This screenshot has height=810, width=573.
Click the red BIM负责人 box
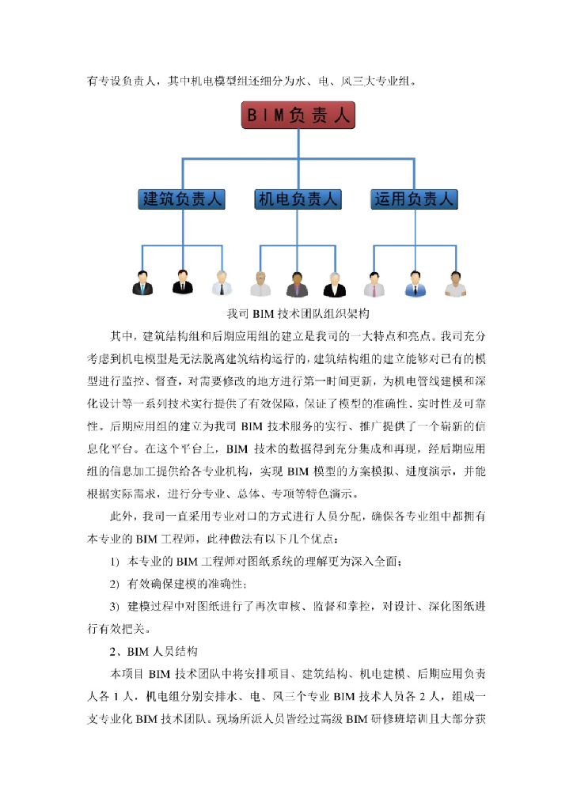pos(298,115)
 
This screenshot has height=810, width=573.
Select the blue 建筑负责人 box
pos(182,199)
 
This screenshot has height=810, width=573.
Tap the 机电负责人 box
pos(298,199)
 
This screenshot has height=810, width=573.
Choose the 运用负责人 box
pos(414,199)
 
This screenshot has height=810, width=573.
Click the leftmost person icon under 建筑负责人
pos(142,283)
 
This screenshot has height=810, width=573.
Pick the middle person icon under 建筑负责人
pos(183,283)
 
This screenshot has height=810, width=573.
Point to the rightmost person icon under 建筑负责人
pos(222,283)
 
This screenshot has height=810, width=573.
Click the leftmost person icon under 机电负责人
pos(260,283)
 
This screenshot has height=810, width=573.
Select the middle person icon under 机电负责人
pos(298,283)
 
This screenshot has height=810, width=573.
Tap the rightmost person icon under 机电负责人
pos(336,283)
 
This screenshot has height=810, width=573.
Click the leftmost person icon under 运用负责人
pos(374,283)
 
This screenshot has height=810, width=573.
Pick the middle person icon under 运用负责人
pos(414,283)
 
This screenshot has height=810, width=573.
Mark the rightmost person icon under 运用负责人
pos(454,283)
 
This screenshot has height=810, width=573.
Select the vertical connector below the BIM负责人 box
pos(298,144)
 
